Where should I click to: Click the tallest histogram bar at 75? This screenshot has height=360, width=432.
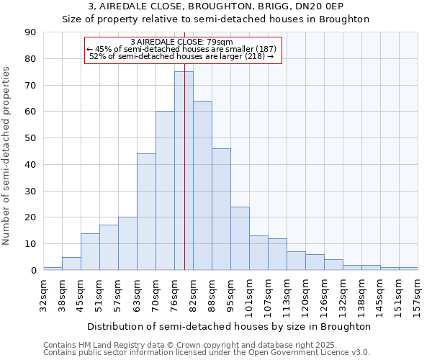click(184, 171)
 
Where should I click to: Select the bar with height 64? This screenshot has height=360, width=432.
click(202, 185)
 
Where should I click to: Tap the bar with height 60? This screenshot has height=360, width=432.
click(165, 191)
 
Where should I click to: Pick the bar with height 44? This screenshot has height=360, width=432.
click(146, 212)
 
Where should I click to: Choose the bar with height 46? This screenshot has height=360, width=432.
click(221, 209)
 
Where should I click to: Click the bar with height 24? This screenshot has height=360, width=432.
click(240, 238)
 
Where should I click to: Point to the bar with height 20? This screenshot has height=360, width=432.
click(127, 243)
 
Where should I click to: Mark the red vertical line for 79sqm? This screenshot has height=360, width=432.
click(185, 144)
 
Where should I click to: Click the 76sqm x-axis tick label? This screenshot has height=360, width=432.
click(175, 293)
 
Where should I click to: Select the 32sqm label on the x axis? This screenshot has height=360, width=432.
click(44, 293)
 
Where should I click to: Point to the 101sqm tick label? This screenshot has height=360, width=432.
click(250, 294)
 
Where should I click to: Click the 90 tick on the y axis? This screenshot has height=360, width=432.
click(30, 32)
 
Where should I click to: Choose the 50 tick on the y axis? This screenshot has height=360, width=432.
click(30, 138)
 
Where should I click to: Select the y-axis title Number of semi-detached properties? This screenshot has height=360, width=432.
click(7, 156)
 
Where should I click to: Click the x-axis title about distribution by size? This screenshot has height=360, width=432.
click(230, 326)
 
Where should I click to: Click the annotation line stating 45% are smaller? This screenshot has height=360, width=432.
click(182, 49)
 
